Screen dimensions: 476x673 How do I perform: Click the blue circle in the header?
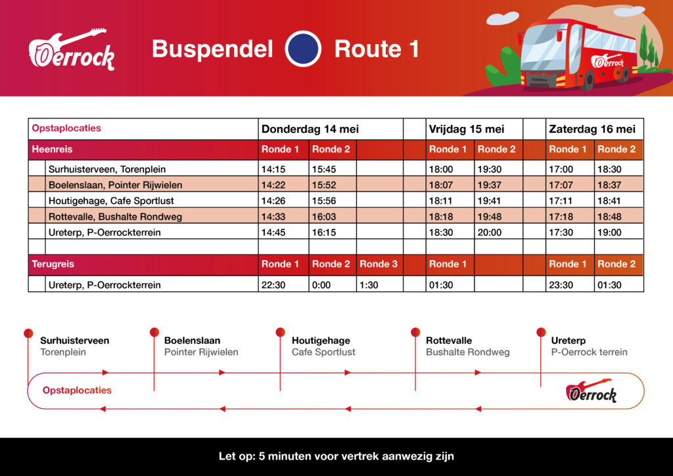[x=303, y=49]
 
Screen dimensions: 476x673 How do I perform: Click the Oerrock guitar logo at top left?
[x=72, y=50]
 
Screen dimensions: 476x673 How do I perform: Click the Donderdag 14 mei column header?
[x=310, y=129]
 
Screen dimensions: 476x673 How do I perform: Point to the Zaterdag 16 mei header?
[x=592, y=129]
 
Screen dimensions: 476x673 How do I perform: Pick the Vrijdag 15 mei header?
[x=467, y=129]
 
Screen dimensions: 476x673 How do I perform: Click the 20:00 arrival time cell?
[x=489, y=232]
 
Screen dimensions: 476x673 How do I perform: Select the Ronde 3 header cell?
[x=379, y=264]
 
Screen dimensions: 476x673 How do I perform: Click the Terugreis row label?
[x=53, y=264]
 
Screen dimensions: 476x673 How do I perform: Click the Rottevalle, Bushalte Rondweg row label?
[x=115, y=216]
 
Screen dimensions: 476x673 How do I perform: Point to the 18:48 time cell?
[x=609, y=216]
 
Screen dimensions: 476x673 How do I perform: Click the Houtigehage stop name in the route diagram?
[x=321, y=341]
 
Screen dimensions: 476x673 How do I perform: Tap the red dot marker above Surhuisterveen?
[x=28, y=333]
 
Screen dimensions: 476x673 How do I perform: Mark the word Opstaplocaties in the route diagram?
[x=77, y=391]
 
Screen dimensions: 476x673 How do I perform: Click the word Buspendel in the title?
[x=212, y=49]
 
